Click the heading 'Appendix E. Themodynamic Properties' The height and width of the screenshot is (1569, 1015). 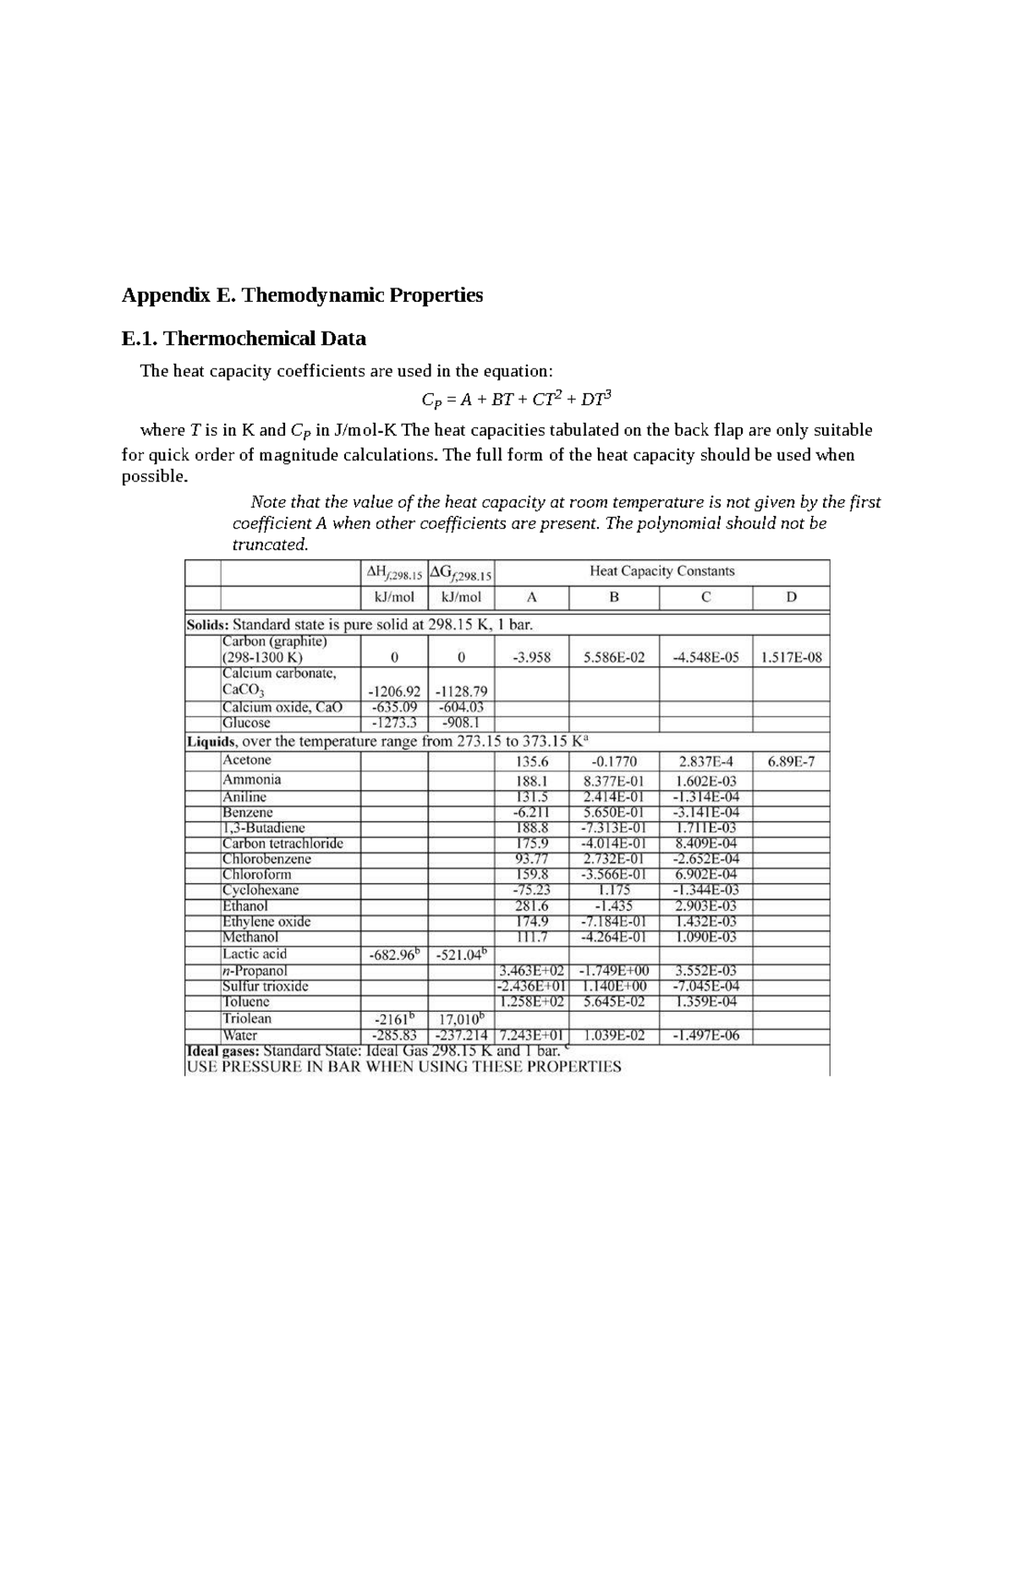[302, 296]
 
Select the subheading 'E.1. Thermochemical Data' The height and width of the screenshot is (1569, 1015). [244, 339]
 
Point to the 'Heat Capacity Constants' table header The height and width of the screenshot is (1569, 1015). [661, 572]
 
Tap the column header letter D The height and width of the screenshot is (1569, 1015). [791, 597]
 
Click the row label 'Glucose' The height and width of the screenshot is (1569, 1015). [246, 723]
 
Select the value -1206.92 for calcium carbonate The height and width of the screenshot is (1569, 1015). [393, 691]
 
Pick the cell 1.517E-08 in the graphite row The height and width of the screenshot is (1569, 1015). [791, 658]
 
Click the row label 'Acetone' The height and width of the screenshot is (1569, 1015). [246, 760]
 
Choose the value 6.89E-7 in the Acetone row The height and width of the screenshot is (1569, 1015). [791, 761]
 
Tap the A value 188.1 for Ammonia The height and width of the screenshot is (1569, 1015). [532, 782]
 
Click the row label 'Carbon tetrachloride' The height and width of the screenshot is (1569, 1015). [283, 843]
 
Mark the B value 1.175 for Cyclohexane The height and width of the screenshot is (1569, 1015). [614, 891]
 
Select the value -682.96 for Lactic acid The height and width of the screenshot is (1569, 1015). [393, 955]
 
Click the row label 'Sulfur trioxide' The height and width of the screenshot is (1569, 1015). [265, 986]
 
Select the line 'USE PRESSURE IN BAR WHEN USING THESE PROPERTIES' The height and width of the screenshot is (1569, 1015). [403, 1067]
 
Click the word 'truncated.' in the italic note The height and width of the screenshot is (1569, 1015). [270, 545]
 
